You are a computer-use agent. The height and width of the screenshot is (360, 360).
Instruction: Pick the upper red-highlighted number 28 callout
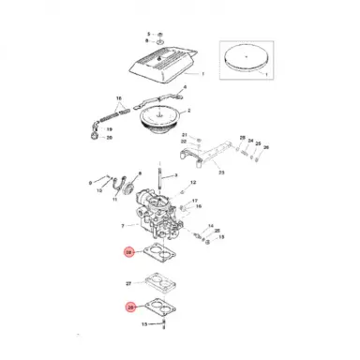pos(129,252)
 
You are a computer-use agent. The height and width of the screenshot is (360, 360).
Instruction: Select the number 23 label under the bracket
pos(221,172)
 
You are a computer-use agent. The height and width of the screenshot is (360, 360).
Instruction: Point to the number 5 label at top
pos(147,34)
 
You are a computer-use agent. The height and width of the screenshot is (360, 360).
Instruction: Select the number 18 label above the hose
pos(118,97)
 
